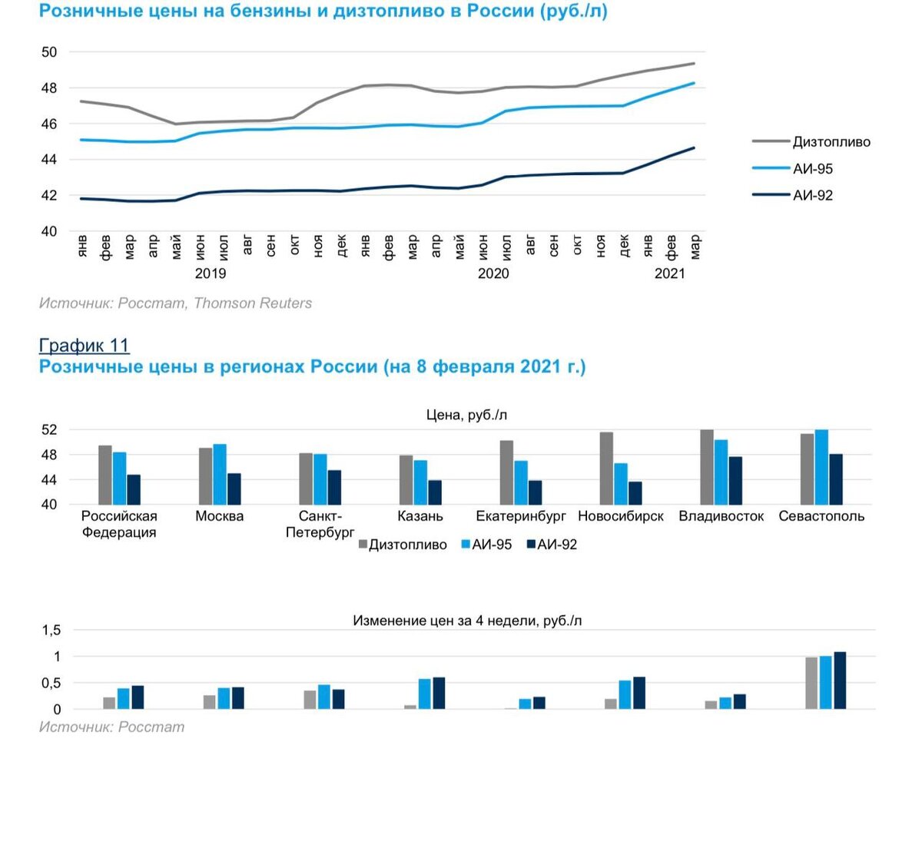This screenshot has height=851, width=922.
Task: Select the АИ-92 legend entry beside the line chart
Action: click(x=812, y=195)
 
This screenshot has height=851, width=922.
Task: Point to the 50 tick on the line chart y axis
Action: click(x=49, y=52)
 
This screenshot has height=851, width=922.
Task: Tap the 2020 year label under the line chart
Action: click(x=493, y=273)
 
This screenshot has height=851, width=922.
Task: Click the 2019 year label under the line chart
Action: click(x=211, y=273)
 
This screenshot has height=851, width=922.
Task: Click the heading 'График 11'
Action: click(x=84, y=346)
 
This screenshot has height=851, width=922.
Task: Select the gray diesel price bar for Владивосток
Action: click(x=707, y=467)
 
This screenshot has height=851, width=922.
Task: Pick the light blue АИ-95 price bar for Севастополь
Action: click(x=821, y=467)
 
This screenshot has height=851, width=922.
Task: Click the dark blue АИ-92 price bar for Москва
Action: click(x=234, y=488)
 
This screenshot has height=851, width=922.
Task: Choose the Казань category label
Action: click(x=420, y=516)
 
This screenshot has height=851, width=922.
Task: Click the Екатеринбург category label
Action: click(x=521, y=516)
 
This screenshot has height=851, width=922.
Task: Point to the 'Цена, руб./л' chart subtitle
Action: click(x=466, y=415)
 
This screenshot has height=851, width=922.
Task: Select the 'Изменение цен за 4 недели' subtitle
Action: click(x=467, y=621)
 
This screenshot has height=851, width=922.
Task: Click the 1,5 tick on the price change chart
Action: click(x=51, y=631)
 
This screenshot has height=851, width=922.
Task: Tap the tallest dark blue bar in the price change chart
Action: click(x=840, y=680)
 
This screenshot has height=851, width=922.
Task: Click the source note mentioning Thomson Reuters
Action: click(x=175, y=303)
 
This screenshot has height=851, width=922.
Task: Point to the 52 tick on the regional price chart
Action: click(x=49, y=430)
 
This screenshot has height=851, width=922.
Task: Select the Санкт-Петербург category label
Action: click(x=320, y=524)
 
